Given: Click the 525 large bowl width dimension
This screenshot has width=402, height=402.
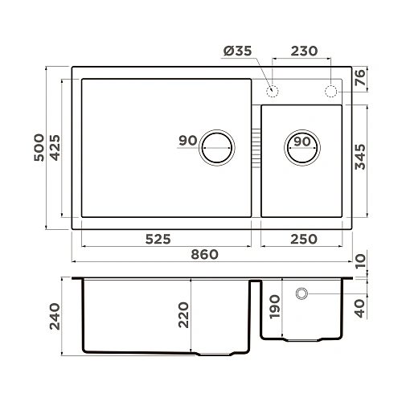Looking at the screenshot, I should pos(161,239).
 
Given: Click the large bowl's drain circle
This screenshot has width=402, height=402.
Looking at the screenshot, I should pos(217,147).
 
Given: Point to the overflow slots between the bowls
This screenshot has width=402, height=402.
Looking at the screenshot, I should pos(256,147).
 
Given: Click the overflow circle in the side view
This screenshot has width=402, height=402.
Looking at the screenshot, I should pos(302,293).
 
